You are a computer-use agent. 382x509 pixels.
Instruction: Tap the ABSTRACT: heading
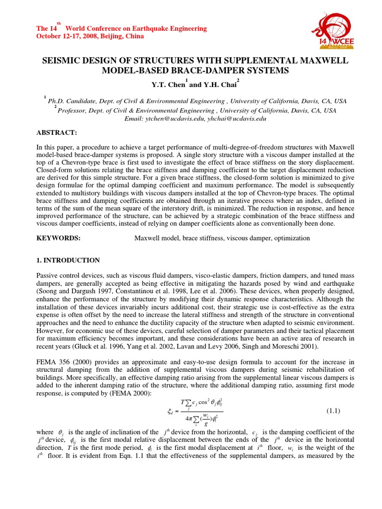(x=56, y=134)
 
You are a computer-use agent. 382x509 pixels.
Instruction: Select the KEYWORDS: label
(x=59, y=238)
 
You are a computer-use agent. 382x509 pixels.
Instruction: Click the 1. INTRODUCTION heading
(x=68, y=260)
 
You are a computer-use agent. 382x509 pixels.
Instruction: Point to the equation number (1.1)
(x=333, y=411)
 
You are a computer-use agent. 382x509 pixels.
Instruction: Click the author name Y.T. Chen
(x=167, y=83)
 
